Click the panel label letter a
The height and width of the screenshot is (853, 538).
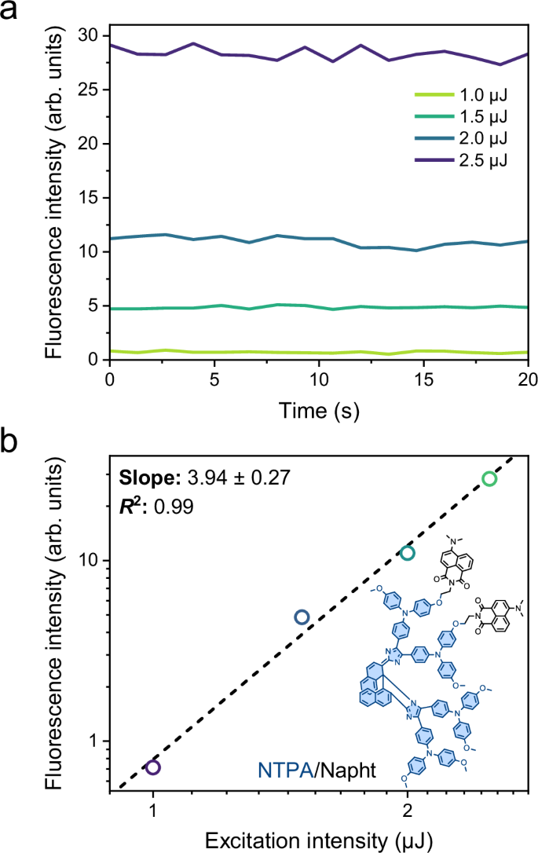(x=13, y=13)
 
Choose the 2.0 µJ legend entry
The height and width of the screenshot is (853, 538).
(x=460, y=139)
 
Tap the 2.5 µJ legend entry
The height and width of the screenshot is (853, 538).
(x=460, y=161)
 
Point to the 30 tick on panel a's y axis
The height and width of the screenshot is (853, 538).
(x=90, y=36)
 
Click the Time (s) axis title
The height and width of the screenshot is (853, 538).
(x=319, y=410)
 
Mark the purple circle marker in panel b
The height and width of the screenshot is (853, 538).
(x=153, y=767)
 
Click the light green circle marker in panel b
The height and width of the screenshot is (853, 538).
(x=489, y=479)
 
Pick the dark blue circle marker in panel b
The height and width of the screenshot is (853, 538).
(x=302, y=617)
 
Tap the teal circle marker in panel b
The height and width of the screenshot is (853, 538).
(x=407, y=553)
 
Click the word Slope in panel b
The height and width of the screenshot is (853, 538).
(x=141, y=478)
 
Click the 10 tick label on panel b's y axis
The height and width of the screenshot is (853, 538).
(x=91, y=561)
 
